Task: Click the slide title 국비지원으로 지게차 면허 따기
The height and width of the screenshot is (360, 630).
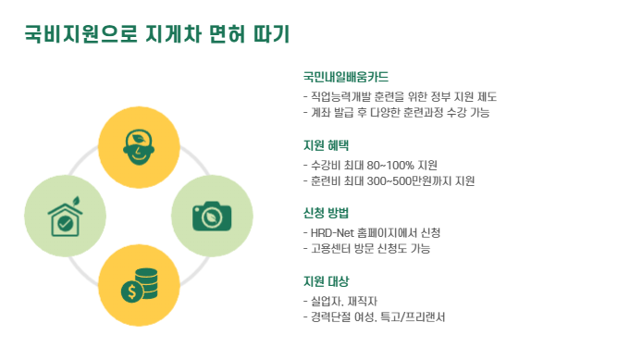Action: pos(156,33)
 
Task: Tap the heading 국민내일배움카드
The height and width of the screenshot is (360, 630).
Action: pos(346,77)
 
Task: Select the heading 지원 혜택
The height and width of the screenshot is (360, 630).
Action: pos(326,145)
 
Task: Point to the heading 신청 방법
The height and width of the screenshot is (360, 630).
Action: pos(326,213)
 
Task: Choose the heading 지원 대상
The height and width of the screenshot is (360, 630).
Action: pos(326,281)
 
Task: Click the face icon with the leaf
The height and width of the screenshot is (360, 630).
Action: pos(139,147)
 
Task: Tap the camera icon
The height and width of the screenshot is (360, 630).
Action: pos(212,217)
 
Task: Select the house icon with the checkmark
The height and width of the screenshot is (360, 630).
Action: pos(66,217)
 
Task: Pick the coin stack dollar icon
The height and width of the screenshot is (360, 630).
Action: pos(140,285)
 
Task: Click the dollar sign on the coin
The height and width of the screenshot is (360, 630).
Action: pos(131,292)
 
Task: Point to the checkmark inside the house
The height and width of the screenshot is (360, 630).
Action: pos(65,223)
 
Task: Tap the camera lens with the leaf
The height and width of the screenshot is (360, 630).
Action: pos(211,217)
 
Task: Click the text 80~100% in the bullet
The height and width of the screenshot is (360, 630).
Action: pos(390,165)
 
